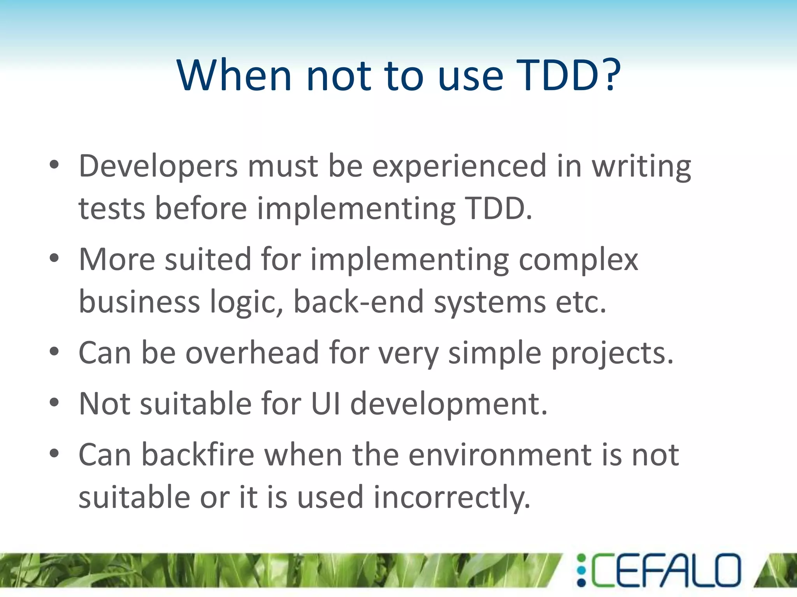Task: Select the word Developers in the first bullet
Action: point(158,166)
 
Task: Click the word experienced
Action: point(459,166)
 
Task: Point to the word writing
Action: point(641,166)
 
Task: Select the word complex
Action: point(578,260)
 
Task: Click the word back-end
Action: point(358,302)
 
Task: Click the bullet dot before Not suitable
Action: point(54,402)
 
